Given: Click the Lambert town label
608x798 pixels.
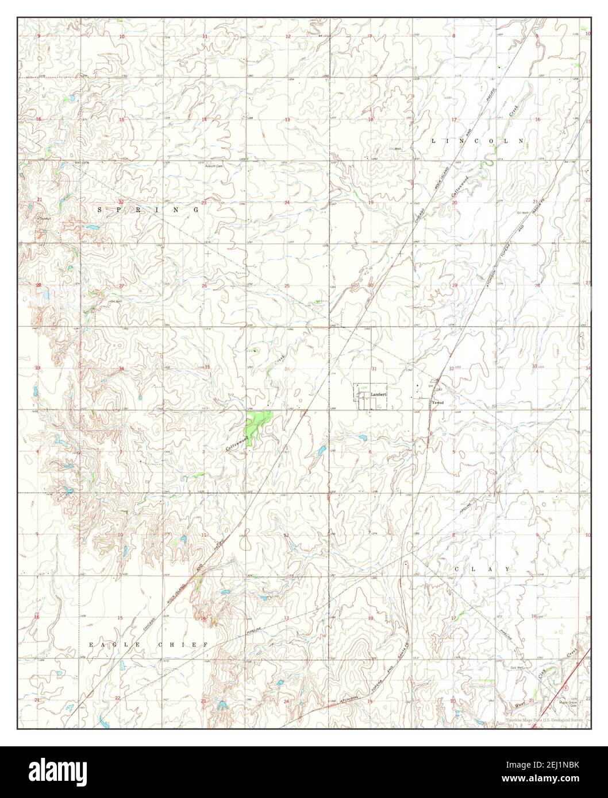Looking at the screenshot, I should (x=380, y=395).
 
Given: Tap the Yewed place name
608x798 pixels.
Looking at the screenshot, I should (x=438, y=403).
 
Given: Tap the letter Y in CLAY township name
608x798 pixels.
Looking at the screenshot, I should (x=507, y=569).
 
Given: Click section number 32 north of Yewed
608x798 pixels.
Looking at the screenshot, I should (x=451, y=369).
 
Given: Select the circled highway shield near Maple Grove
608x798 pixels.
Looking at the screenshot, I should (x=566, y=687).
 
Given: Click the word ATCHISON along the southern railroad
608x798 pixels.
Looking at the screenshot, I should (x=349, y=699).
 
